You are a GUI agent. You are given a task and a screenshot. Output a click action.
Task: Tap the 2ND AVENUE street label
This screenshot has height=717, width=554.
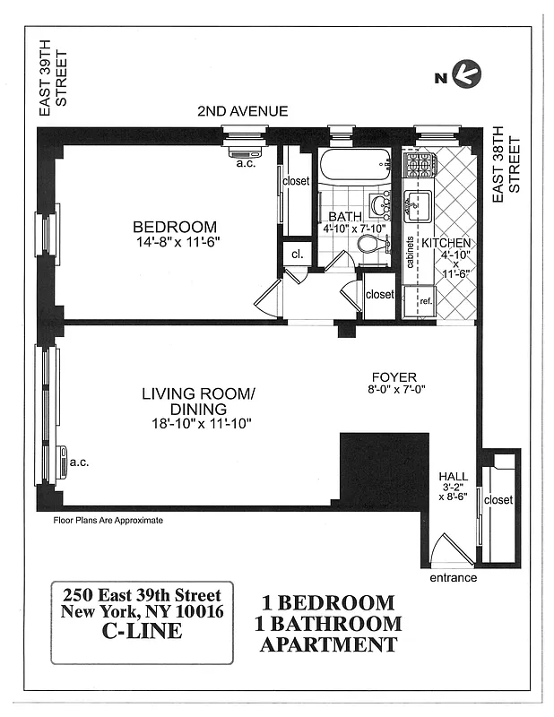point(243,111)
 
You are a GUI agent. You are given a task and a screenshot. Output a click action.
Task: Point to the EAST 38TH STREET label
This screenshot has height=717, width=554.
point(507,165)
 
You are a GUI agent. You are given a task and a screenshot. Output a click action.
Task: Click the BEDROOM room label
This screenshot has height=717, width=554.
point(175,227)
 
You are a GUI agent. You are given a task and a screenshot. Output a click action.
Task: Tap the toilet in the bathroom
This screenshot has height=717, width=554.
point(375,244)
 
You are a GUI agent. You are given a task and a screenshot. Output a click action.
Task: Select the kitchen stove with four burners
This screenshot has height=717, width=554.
point(419,165)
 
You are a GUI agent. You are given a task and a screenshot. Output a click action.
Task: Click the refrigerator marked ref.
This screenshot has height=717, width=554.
point(425,302)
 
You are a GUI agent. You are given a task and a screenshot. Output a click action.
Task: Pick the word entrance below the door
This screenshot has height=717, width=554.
point(453,578)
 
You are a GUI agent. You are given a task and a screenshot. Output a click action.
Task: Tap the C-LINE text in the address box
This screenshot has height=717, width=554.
point(142,631)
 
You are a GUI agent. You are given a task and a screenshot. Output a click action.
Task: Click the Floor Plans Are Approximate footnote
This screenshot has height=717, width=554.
point(108,519)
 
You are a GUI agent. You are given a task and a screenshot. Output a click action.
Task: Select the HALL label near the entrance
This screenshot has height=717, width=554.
point(452,477)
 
